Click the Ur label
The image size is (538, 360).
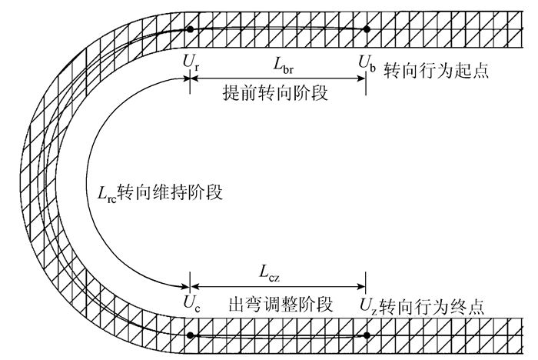[x=190, y=62]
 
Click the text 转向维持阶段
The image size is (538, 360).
[x=175, y=192]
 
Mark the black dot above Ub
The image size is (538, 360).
[x=367, y=29]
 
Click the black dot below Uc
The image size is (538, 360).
[x=190, y=335]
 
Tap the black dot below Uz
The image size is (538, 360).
[x=367, y=335]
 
